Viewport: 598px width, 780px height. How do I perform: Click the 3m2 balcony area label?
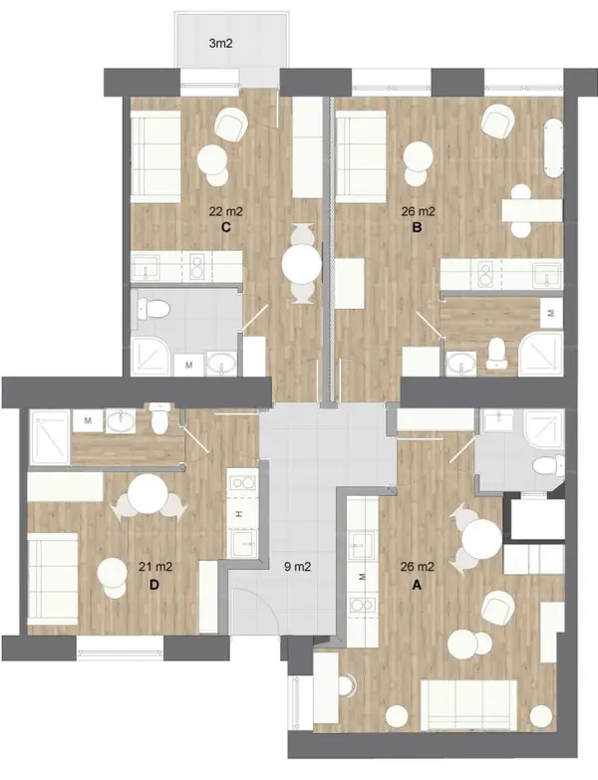click(x=220, y=43)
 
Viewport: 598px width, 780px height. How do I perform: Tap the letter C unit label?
click(x=225, y=227)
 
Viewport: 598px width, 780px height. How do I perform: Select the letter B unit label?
click(x=418, y=227)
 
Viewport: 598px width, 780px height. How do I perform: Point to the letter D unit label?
click(x=154, y=585)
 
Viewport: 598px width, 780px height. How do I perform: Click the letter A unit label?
click(x=417, y=585)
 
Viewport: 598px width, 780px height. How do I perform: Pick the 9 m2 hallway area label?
click(x=298, y=566)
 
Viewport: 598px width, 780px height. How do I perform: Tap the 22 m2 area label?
click(x=226, y=212)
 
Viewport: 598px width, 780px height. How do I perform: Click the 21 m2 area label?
click(x=155, y=566)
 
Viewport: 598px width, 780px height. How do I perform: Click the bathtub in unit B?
click(x=553, y=147)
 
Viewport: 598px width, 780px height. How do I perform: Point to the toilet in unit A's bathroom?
click(x=548, y=466)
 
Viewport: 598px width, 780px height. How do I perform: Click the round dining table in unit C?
click(x=301, y=264)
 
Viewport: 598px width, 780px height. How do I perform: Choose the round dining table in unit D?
click(x=148, y=494)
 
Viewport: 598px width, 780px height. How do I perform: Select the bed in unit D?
click(x=53, y=579)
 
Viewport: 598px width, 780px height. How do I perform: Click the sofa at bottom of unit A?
click(x=469, y=706)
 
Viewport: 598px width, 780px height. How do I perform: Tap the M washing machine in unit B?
click(x=551, y=314)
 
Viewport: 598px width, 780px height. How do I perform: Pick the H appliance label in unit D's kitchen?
click(x=239, y=513)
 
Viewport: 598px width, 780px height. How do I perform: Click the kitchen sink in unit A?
click(x=362, y=544)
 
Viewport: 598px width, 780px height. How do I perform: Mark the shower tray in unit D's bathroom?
click(x=50, y=437)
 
